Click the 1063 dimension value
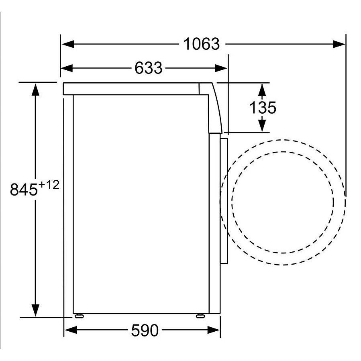coord(202,44)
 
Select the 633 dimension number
coord(149,68)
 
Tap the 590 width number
coord(145,330)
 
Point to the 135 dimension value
coord(263,108)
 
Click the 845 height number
coord(24,190)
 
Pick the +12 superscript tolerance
coord(49,185)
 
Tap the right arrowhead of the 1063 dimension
coord(339,44)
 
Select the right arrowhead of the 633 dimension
coord(221,68)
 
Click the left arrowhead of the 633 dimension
coord(67,68)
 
